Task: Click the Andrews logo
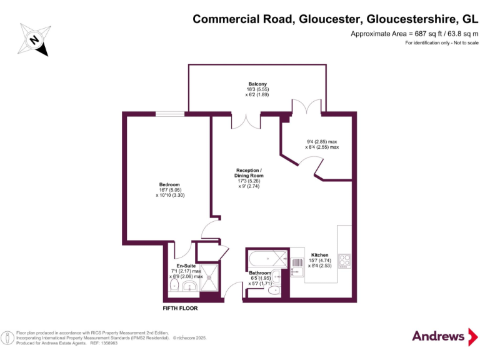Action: pos(438,336)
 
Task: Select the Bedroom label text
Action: pos(169,184)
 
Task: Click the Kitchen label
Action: pos(320,255)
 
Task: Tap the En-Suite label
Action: pos(186,266)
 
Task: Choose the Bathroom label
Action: pos(260,273)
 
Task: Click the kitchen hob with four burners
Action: pos(344,259)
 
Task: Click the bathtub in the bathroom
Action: pos(267,257)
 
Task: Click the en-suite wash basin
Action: pos(191,287)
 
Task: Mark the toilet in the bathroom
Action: pos(274,291)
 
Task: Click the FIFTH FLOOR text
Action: pos(181,309)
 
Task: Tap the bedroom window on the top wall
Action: pos(169,114)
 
